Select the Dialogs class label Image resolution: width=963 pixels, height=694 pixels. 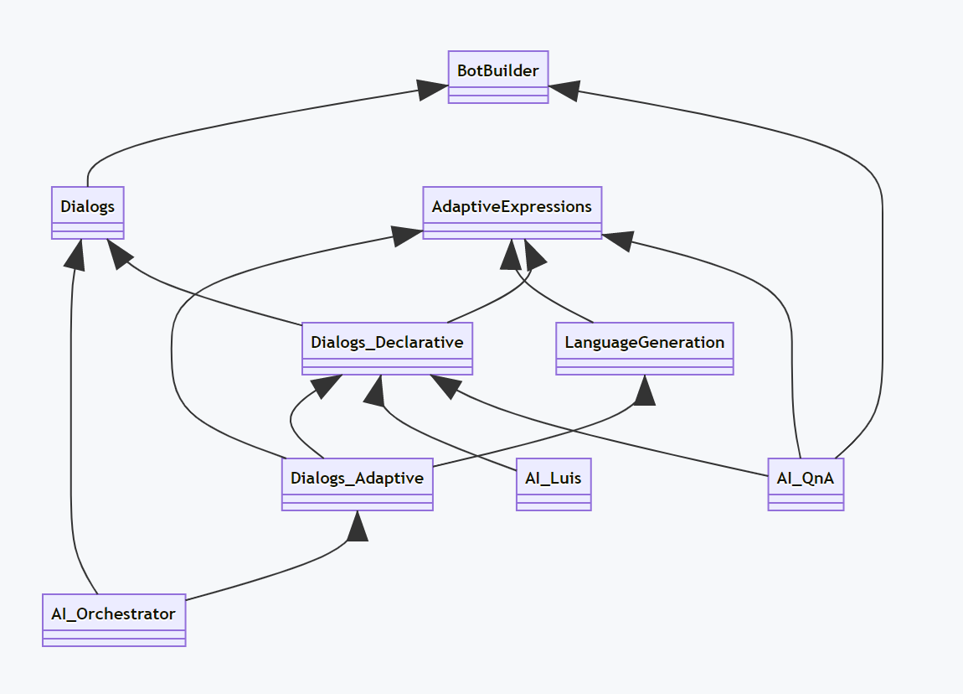tap(87, 206)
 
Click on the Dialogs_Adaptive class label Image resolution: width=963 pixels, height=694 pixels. tap(357, 478)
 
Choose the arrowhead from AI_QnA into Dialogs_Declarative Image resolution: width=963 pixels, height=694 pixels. tap(444, 386)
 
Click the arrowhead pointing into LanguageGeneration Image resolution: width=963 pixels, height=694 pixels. tap(644, 390)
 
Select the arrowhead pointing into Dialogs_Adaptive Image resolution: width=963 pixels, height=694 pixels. tap(358, 526)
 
